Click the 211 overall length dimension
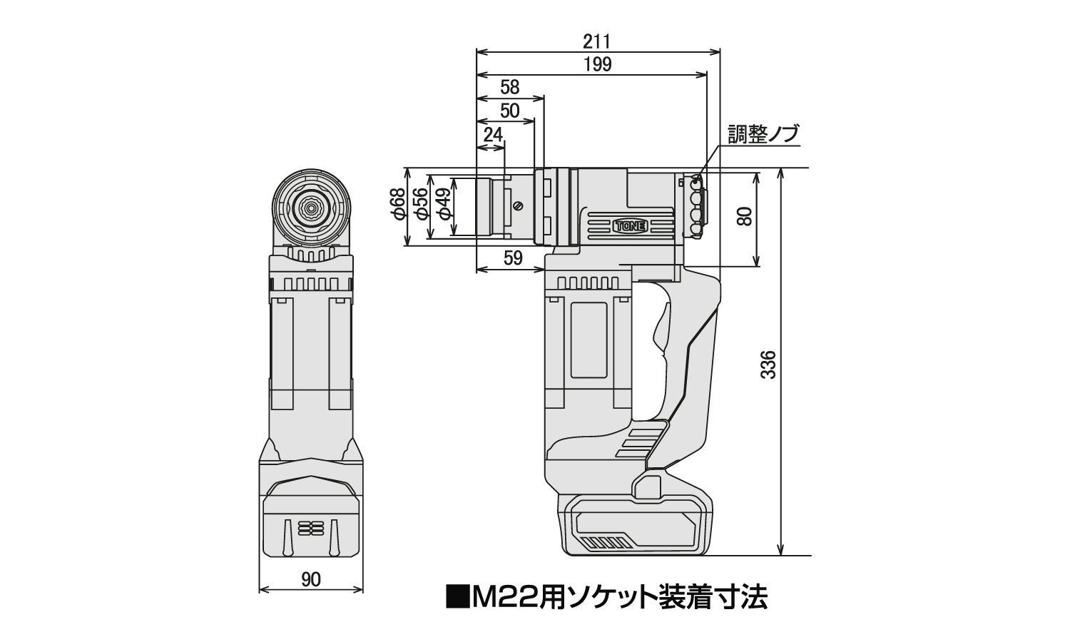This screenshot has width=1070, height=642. [x=597, y=41]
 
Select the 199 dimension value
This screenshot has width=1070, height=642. [x=597, y=64]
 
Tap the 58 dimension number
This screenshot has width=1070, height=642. [x=509, y=88]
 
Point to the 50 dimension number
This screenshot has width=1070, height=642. [x=509, y=111]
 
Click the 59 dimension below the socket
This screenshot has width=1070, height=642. [x=513, y=258]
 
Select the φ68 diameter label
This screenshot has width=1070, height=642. [x=398, y=208]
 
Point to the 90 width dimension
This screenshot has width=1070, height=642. [x=311, y=580]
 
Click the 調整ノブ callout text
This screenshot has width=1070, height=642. [x=763, y=134]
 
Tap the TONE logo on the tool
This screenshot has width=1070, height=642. [x=628, y=226]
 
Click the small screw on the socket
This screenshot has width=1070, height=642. [x=519, y=206]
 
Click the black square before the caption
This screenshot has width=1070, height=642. [x=455, y=596]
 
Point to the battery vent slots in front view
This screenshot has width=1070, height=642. [x=310, y=527]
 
